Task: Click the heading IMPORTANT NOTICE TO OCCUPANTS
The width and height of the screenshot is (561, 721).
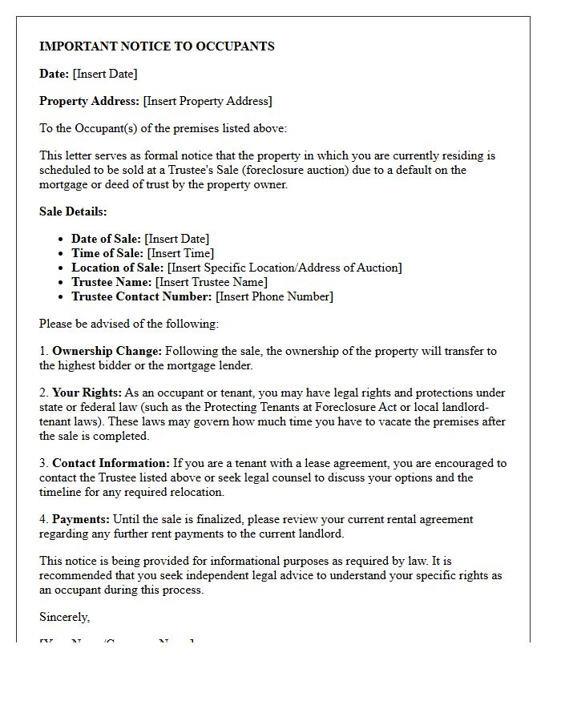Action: [157, 46]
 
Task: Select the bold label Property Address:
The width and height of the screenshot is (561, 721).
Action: [89, 101]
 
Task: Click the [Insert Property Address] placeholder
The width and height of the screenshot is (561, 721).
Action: [208, 101]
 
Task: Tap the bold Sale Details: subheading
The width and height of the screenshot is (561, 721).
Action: [73, 211]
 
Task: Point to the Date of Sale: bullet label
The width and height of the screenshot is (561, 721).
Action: [106, 239]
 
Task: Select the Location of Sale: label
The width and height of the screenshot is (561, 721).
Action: [117, 268]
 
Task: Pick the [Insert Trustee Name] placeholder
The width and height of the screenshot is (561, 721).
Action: [212, 282]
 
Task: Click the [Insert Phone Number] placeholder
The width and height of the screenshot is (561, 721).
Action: [274, 296]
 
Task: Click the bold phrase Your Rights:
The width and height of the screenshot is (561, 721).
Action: [87, 393]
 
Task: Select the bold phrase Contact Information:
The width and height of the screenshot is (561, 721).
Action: [111, 463]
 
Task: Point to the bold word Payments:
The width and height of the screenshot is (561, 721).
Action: [81, 519]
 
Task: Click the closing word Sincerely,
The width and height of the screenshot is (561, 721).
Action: [65, 617]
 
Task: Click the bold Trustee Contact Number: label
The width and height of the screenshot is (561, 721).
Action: [142, 296]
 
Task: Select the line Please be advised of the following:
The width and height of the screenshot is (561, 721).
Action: [129, 324]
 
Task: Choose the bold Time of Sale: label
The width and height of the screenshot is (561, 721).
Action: [107, 253]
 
